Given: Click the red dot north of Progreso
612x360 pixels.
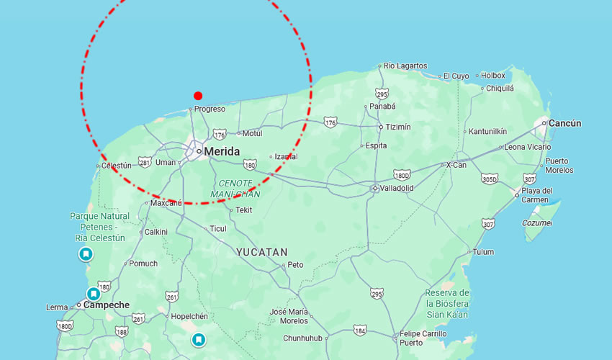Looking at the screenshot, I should pyautogui.click(x=198, y=96).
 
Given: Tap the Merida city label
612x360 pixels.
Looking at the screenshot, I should pyautogui.click(x=221, y=152).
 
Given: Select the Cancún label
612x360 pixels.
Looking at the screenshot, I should pyautogui.click(x=564, y=123).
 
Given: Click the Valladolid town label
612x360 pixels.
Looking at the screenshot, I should pyautogui.click(x=397, y=188).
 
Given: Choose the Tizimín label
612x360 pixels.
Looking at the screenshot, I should pyautogui.click(x=398, y=127).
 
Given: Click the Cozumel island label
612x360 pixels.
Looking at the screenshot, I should pyautogui.click(x=537, y=223).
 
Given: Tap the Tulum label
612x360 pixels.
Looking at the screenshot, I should pyautogui.click(x=483, y=252).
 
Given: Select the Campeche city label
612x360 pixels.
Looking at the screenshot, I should pyautogui.click(x=107, y=305).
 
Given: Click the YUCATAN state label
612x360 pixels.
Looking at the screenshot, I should pyautogui.click(x=262, y=253).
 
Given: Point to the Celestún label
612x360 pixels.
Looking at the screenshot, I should pyautogui.click(x=117, y=165).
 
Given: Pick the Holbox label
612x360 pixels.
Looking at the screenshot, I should pyautogui.click(x=493, y=75).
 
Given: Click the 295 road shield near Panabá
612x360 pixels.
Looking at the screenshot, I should pyautogui.click(x=382, y=94).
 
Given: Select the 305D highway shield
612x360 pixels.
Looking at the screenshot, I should pyautogui.click(x=489, y=179).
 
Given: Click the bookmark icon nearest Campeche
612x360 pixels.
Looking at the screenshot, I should pyautogui.click(x=94, y=294).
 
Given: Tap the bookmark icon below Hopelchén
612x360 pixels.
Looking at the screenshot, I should pyautogui.click(x=199, y=339).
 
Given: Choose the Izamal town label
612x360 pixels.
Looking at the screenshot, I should pyautogui.click(x=285, y=156).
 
